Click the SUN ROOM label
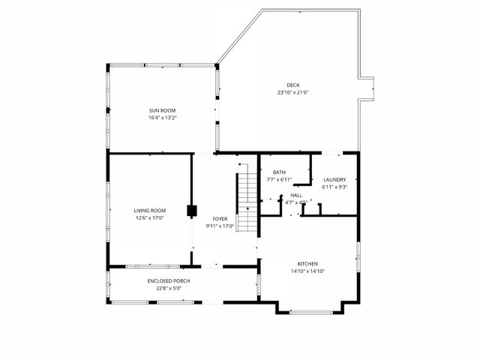pyautogui.click(x=162, y=110)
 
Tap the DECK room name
pyautogui.click(x=292, y=85)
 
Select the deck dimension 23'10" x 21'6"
pyautogui.click(x=292, y=92)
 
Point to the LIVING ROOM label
pyautogui.click(x=150, y=211)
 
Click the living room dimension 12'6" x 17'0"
pyautogui.click(x=150, y=218)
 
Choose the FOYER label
pyautogui.click(x=220, y=218)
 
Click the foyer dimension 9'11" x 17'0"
pyautogui.click(x=220, y=226)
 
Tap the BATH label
pyautogui.click(x=279, y=172)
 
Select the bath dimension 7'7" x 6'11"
pyautogui.click(x=279, y=180)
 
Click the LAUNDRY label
pyautogui.click(x=334, y=179)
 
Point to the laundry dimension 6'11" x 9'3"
pyautogui.click(x=334, y=187)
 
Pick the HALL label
pyautogui.click(x=296, y=195)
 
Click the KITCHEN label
pyautogui.click(x=307, y=263)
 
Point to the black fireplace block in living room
pyautogui.click(x=191, y=211)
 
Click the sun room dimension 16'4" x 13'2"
pyautogui.click(x=162, y=118)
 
